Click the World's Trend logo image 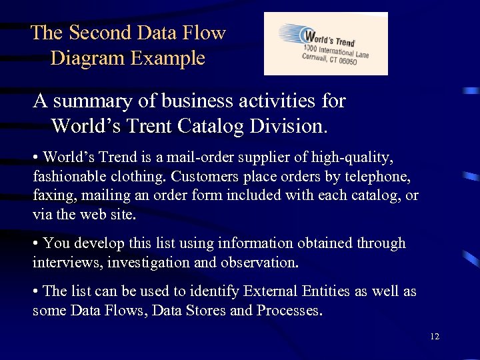point(325,43)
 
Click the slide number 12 point(435,337)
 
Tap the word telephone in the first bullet point(370,177)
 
